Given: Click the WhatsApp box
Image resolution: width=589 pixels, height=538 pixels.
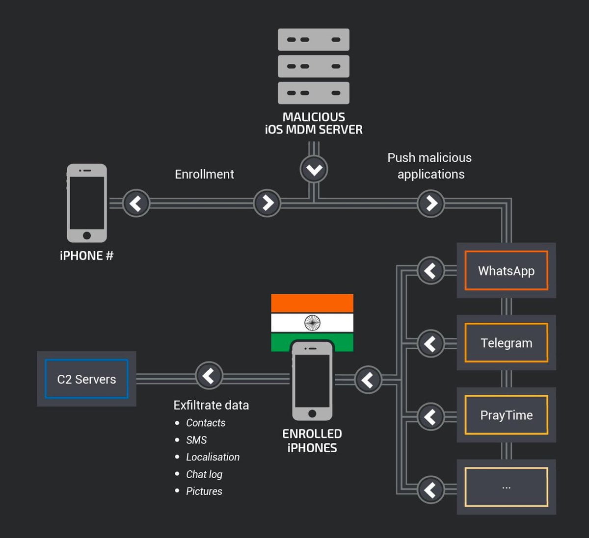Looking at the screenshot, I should (x=506, y=271).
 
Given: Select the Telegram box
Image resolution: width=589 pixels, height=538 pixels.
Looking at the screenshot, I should (x=506, y=343).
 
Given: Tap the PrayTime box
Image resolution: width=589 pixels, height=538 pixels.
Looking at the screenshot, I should (x=506, y=415).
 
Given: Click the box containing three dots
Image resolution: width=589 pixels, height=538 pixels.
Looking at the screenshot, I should (x=506, y=487).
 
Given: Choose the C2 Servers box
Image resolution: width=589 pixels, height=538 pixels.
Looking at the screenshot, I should (x=86, y=379).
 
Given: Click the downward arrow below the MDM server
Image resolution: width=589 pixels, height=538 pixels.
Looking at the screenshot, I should (x=314, y=170).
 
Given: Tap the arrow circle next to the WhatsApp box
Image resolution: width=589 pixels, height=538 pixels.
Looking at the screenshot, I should (x=430, y=270).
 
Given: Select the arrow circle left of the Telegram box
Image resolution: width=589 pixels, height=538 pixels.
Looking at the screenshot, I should (x=430, y=343).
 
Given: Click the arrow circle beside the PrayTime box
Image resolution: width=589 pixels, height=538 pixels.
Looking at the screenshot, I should (x=430, y=416).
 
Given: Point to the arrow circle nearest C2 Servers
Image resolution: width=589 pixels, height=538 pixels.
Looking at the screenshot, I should (x=209, y=376).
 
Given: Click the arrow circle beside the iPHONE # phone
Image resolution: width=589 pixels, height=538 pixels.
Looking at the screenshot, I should (x=136, y=203).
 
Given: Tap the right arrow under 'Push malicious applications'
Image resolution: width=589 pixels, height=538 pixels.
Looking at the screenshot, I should (x=431, y=203).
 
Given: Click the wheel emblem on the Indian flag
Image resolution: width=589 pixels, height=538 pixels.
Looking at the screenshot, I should (x=312, y=323).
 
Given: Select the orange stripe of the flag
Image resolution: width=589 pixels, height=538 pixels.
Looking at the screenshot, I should (x=312, y=303).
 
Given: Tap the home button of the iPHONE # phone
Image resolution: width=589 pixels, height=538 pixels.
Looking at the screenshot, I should (x=87, y=235).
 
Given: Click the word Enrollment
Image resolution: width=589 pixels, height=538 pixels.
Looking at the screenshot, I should (x=204, y=174).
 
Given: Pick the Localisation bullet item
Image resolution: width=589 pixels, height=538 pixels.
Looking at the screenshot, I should (x=213, y=457).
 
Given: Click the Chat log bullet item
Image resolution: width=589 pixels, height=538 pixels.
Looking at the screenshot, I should (x=204, y=474).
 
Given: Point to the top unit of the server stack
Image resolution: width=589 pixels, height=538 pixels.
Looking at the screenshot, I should (x=314, y=39).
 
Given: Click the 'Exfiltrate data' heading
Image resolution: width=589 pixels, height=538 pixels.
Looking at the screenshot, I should (x=211, y=405).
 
